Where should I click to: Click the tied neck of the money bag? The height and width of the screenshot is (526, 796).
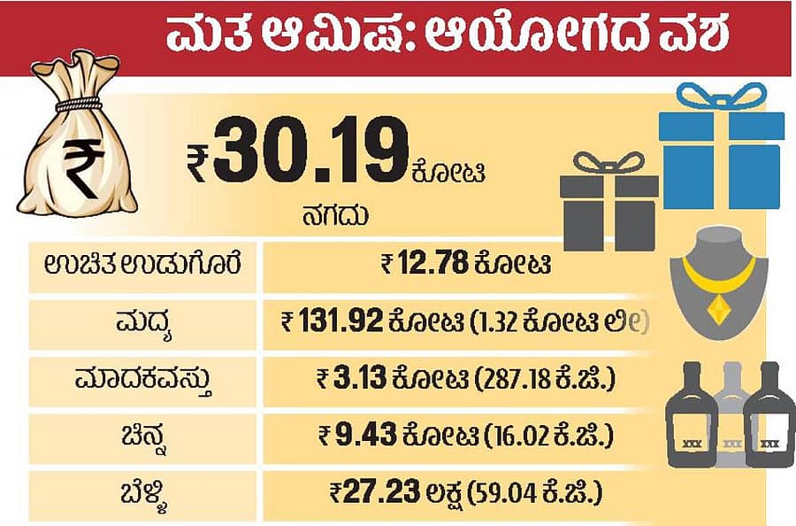click(x=78, y=104)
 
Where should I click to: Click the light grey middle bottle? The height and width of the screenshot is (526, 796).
click(x=731, y=416)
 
